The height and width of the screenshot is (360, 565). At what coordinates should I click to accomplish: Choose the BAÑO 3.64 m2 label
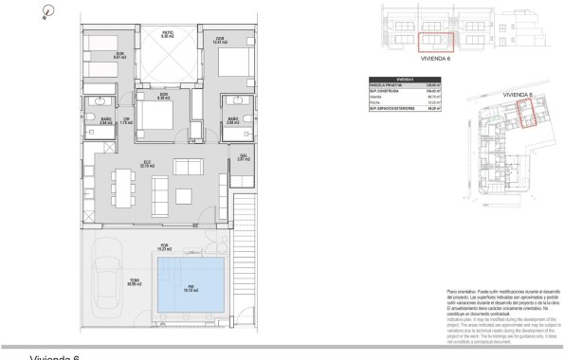pyautogui.click(x=107, y=120)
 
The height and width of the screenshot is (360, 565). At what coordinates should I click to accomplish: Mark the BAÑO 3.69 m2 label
pyautogui.click(x=230, y=121)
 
